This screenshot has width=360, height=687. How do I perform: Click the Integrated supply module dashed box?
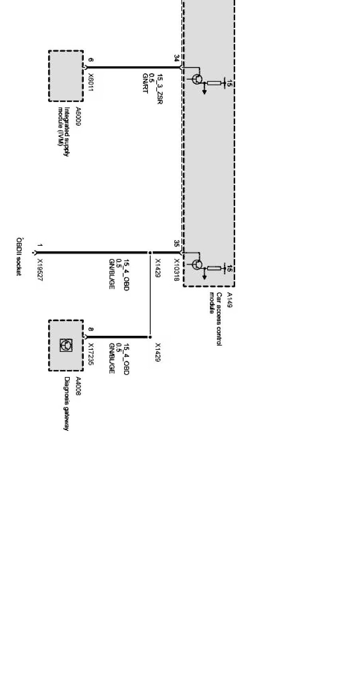[66, 76]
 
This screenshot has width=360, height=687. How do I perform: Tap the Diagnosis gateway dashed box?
[66, 345]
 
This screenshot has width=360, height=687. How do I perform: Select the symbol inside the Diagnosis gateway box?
[66, 345]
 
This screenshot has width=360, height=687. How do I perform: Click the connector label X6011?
[91, 83]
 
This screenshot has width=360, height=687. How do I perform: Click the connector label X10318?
[176, 270]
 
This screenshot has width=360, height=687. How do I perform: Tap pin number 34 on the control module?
[176, 58]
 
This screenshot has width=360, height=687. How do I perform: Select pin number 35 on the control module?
[176, 243]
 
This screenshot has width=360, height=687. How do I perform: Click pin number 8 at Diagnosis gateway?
[91, 330]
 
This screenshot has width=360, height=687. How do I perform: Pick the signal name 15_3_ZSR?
[159, 89]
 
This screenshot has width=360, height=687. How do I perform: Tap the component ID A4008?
[78, 386]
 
